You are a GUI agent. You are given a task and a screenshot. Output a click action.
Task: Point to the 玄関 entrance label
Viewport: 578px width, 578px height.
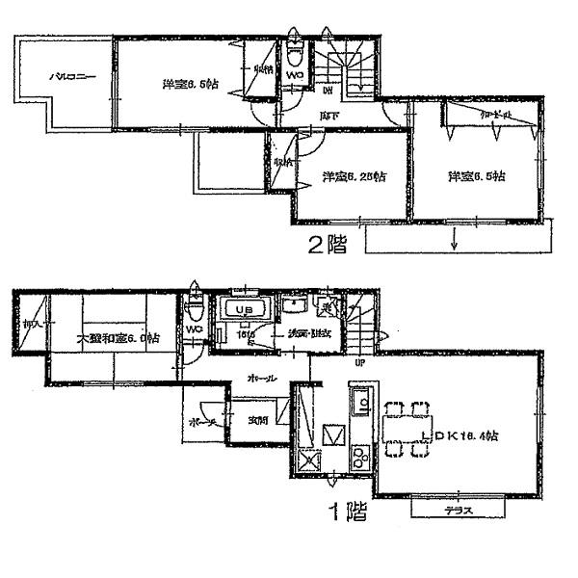click(257, 419)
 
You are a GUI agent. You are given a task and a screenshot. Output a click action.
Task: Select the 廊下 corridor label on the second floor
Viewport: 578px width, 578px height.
click(328, 117)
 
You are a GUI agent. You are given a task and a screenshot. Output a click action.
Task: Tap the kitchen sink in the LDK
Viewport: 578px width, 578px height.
click(357, 402)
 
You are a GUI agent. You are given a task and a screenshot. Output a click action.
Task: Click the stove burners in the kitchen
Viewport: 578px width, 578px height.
click(359, 455)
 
